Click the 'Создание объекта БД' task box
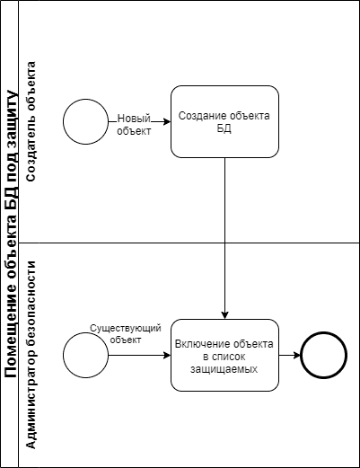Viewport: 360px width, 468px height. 224,121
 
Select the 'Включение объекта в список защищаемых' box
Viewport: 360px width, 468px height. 224,355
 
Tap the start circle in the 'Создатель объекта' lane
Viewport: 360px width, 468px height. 85,121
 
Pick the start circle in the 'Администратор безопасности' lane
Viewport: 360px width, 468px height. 85,355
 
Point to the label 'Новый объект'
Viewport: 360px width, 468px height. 134,125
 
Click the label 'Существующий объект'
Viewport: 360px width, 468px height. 126,334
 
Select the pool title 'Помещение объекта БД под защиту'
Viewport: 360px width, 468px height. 11,234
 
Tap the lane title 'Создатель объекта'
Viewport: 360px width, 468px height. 31,121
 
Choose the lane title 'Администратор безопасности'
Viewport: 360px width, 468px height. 31,355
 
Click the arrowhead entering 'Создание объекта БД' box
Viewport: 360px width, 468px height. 167,121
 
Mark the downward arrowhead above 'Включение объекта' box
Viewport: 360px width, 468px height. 224,315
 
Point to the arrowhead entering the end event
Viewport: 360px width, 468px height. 297,355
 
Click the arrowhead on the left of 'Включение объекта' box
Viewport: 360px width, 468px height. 167,355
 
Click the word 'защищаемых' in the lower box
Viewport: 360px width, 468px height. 224,369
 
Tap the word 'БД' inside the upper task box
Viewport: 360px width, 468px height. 224,128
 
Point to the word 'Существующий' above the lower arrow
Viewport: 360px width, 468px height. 126,329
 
